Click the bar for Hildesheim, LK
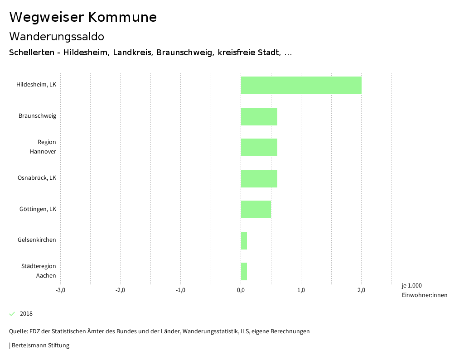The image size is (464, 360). click(301, 85)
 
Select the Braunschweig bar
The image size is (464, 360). click(259, 116)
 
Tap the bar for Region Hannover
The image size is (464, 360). click(259, 147)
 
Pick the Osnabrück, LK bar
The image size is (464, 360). click(259, 178)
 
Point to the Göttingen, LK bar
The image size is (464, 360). click(256, 209)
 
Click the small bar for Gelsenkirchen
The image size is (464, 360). click(244, 240)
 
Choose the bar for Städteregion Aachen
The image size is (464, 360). click(244, 271)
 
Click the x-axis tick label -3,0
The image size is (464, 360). click(60, 290)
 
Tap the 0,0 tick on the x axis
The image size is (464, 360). click(241, 290)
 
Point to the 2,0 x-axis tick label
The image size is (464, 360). click(361, 290)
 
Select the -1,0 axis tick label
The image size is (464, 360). click(180, 290)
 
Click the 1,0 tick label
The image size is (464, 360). click(301, 290)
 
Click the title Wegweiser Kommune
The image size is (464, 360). click(83, 17)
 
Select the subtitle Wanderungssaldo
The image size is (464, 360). click(57, 36)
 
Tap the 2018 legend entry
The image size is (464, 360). click(26, 314)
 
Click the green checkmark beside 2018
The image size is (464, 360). click(12, 314)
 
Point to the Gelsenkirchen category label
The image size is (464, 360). click(37, 240)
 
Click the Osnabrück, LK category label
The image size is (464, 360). click(37, 178)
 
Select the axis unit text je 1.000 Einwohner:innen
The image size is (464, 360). click(424, 290)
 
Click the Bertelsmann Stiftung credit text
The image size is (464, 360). click(40, 346)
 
